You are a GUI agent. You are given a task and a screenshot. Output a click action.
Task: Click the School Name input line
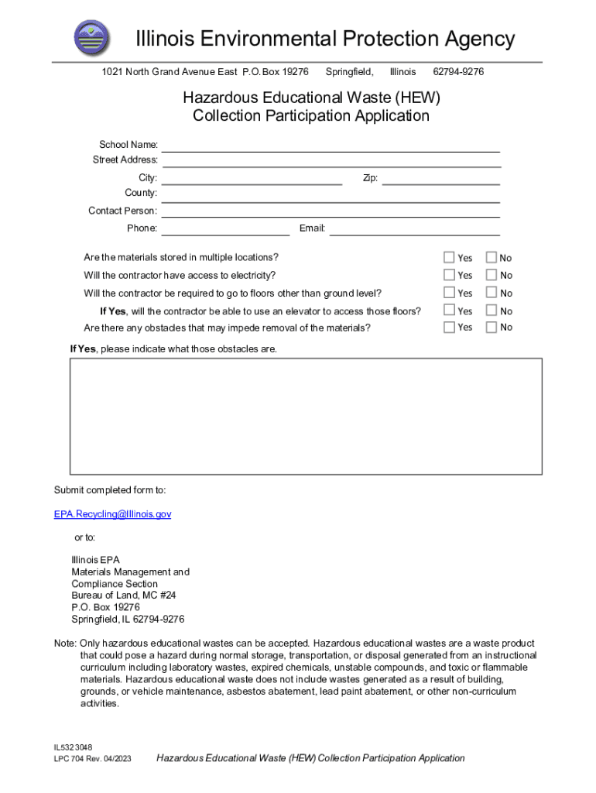point(331,146)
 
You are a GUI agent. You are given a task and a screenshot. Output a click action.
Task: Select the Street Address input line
point(331,160)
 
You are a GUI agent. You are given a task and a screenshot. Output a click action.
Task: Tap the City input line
point(252,179)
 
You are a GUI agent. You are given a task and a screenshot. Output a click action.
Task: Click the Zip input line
point(441,179)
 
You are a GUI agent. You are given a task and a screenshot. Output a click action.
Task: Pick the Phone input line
point(225,228)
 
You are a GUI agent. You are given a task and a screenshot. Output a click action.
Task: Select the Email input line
point(415,228)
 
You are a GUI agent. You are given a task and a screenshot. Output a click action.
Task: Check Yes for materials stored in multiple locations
point(449,257)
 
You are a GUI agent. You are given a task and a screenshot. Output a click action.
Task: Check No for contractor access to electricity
point(491,275)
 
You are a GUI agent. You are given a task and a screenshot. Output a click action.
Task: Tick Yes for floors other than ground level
point(449,293)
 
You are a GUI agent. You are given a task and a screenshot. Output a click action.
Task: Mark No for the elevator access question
point(491,311)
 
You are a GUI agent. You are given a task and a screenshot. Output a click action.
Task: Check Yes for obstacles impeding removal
point(449,327)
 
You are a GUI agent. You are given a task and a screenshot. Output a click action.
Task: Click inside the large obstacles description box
point(306,416)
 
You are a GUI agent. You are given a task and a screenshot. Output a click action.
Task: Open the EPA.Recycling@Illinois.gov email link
point(112,514)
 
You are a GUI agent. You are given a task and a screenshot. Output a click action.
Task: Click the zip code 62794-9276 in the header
point(458,72)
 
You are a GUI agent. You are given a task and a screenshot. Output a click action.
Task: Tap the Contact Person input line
point(331,211)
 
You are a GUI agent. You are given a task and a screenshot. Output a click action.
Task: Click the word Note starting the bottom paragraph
point(64,644)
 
